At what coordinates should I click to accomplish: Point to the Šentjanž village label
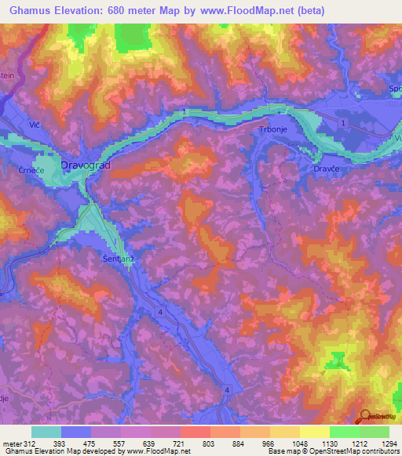(119, 255)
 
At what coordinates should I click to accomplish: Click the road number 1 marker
(343, 125)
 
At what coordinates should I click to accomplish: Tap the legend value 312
(29, 443)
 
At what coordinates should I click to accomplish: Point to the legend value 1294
(388, 443)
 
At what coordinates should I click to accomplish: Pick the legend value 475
(91, 443)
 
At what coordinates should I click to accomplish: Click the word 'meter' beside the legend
(11, 443)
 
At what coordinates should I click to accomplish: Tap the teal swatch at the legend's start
(46, 432)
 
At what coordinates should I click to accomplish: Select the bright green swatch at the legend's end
(375, 432)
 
